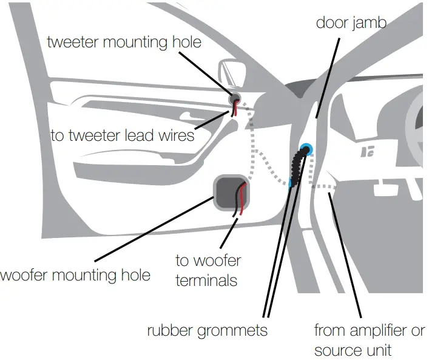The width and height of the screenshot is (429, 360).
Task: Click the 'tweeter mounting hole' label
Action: pos(124,42)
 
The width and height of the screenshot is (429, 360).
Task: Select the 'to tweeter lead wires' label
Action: pos(122,135)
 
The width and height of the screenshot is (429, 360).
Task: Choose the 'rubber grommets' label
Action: pos(207,331)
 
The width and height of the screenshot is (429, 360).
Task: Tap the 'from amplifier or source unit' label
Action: pos(369,341)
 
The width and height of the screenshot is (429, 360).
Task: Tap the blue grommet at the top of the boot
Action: pos(307,148)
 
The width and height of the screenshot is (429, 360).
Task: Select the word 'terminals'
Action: pos(206,281)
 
